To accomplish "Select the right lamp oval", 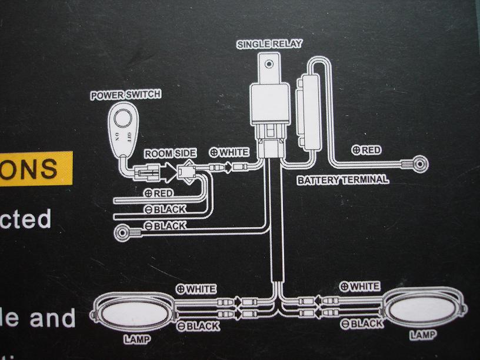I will click(419, 307).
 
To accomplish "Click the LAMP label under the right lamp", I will click(424, 335).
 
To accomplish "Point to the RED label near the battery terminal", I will click(366, 150).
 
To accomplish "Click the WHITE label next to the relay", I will click(229, 152).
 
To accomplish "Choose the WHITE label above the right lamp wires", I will click(360, 286).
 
